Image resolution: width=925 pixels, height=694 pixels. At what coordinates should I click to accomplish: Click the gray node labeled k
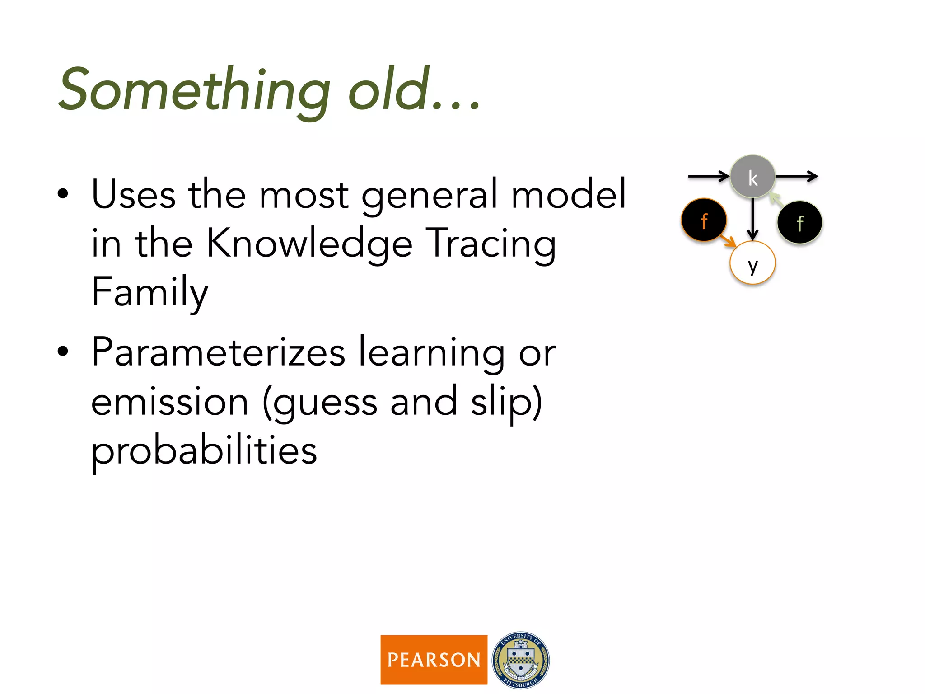tap(752, 177)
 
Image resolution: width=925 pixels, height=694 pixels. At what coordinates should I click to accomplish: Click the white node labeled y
tap(752, 263)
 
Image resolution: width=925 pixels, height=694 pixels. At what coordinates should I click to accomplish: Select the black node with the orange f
tap(704, 220)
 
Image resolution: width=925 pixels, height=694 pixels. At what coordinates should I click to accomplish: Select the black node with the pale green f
tap(799, 223)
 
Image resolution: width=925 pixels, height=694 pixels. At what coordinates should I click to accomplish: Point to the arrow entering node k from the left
tap(708, 176)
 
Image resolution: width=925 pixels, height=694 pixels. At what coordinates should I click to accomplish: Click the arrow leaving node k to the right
tap(796, 176)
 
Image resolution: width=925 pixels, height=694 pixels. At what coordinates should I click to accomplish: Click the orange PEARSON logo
tap(434, 660)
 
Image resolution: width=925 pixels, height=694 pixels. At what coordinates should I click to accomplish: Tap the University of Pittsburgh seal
tap(521, 660)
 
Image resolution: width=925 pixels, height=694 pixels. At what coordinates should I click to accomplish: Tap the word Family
tap(149, 292)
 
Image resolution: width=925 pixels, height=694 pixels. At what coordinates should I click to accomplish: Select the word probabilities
tap(204, 451)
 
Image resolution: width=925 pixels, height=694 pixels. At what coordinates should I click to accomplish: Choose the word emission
tap(170, 402)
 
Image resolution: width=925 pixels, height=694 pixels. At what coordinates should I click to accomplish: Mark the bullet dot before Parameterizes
tap(63, 352)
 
